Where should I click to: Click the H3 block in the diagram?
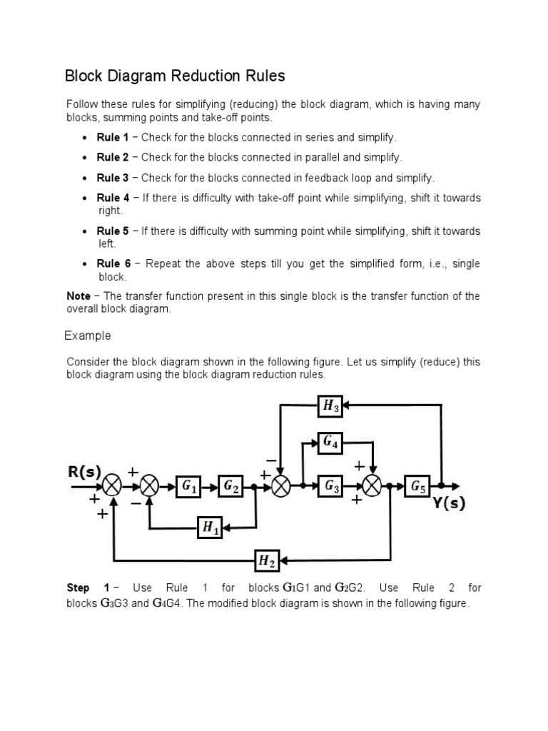click(330, 407)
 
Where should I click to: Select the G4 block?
click(330, 443)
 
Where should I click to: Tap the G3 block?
click(332, 487)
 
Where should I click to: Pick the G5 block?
click(417, 487)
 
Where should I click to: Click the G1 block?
click(189, 487)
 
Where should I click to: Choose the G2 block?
click(232, 487)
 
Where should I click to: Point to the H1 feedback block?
click(210, 528)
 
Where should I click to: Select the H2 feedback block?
click(267, 561)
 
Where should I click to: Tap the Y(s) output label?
click(449, 503)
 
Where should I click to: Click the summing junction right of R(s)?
click(112, 487)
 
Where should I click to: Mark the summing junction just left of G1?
click(149, 487)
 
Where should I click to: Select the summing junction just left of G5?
click(372, 487)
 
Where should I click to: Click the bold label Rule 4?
click(113, 198)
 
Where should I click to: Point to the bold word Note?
click(78, 296)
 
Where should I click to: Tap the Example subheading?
click(88, 336)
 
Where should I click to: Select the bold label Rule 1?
click(113, 137)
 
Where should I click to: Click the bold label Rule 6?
click(113, 264)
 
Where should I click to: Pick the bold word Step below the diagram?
click(78, 588)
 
